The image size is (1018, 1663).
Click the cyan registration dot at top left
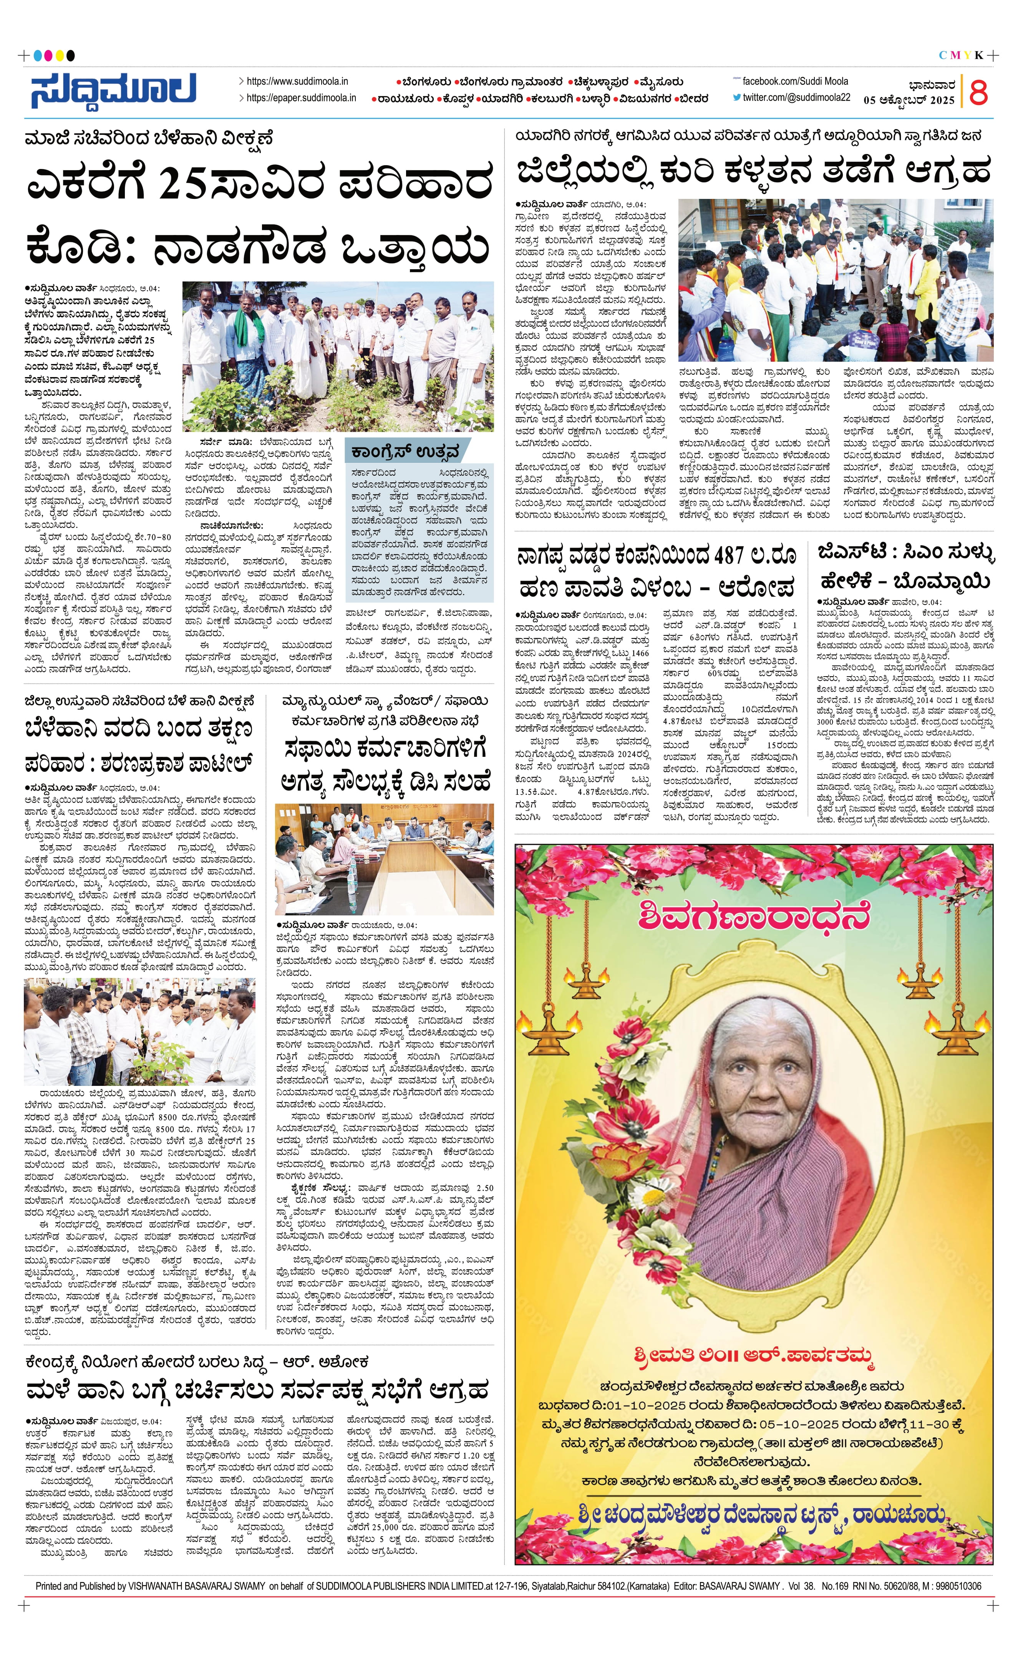coord(38,55)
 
